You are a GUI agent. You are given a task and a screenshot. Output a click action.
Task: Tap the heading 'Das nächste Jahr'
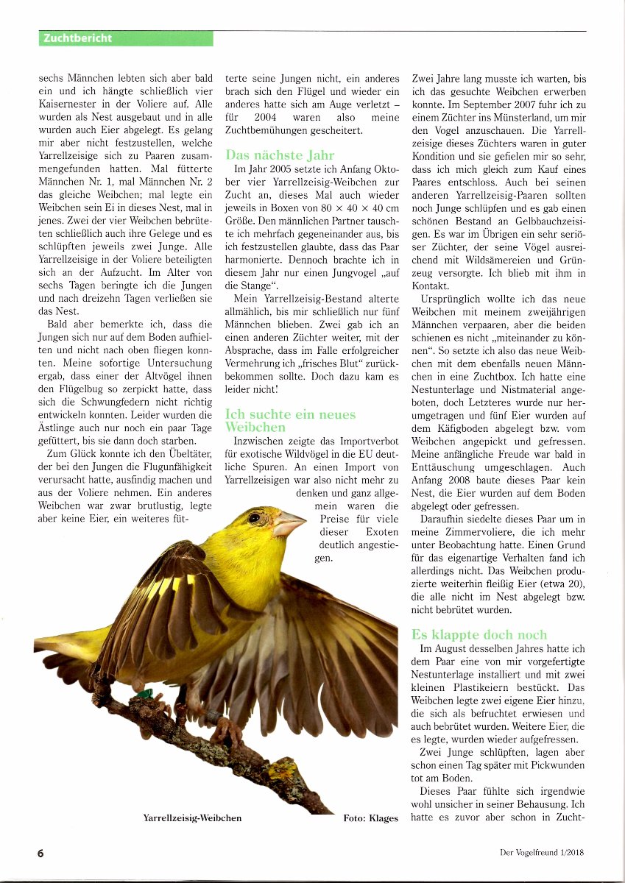tap(280, 155)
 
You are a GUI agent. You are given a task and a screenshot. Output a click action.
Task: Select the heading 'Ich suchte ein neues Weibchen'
tap(290, 420)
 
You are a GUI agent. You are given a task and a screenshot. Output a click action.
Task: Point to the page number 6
tap(41, 853)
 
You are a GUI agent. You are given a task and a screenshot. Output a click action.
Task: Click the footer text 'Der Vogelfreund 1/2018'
tap(543, 853)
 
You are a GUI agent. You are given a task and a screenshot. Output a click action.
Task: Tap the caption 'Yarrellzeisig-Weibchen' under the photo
tap(192, 818)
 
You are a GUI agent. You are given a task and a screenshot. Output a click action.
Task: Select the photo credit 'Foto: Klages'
tap(370, 818)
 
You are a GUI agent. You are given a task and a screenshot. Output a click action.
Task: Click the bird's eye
tap(254, 517)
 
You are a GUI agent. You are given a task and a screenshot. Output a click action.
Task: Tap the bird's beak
tap(289, 524)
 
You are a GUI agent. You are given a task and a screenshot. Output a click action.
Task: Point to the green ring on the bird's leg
tap(146, 692)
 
